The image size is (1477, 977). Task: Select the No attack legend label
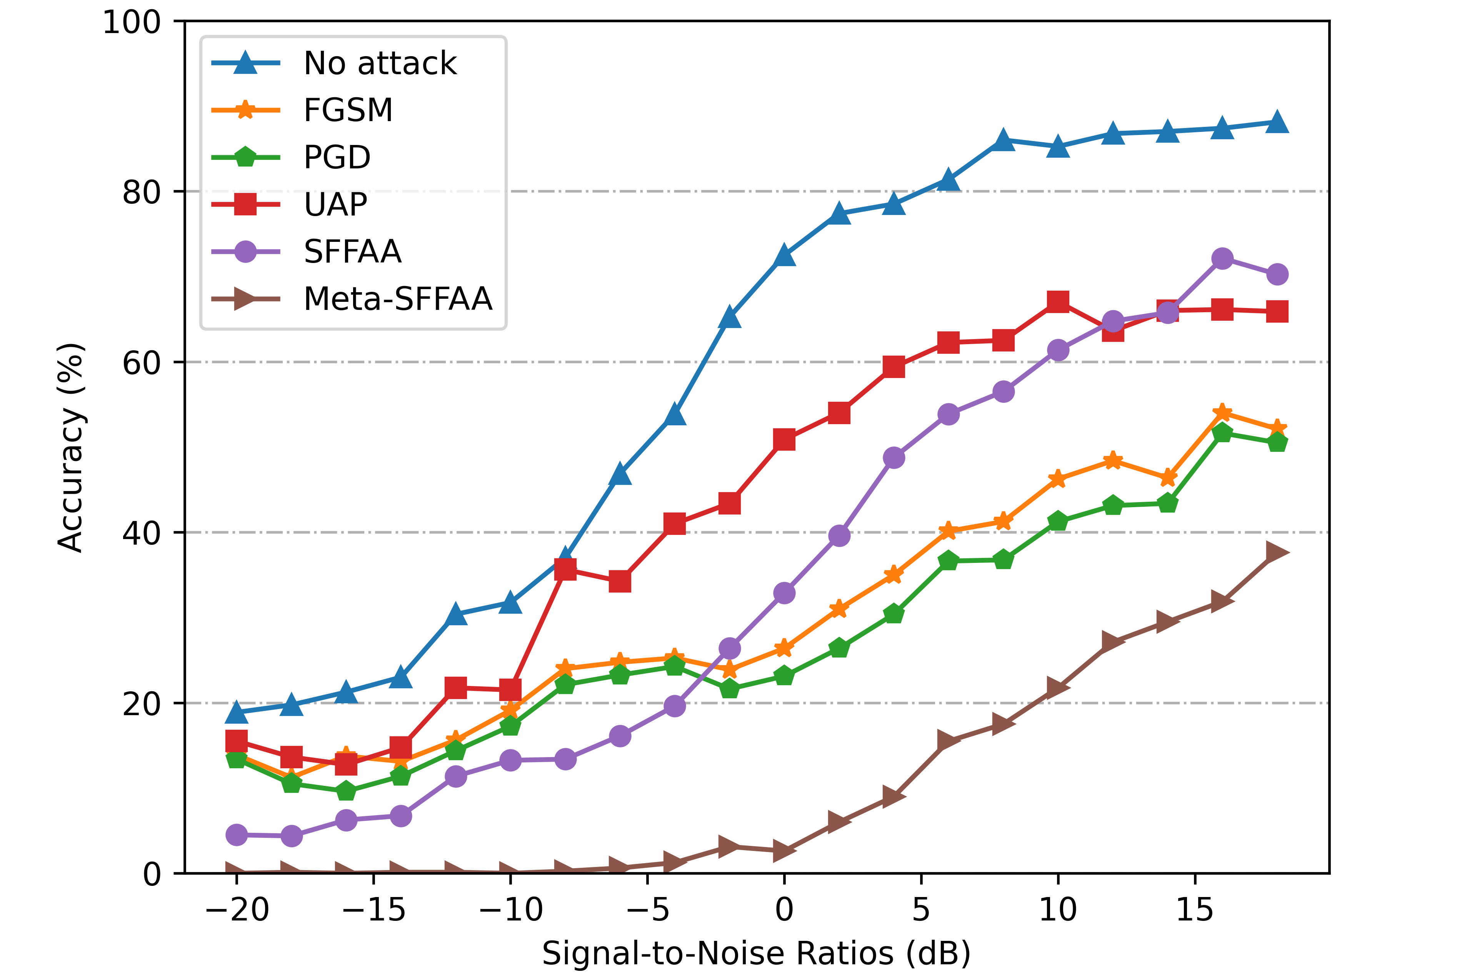[380, 63]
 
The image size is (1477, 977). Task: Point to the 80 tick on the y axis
[142, 192]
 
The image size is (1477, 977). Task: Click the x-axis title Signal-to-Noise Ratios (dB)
[756, 953]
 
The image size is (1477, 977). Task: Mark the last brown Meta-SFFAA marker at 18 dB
[1276, 553]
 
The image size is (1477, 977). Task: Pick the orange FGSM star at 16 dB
[1222, 413]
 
